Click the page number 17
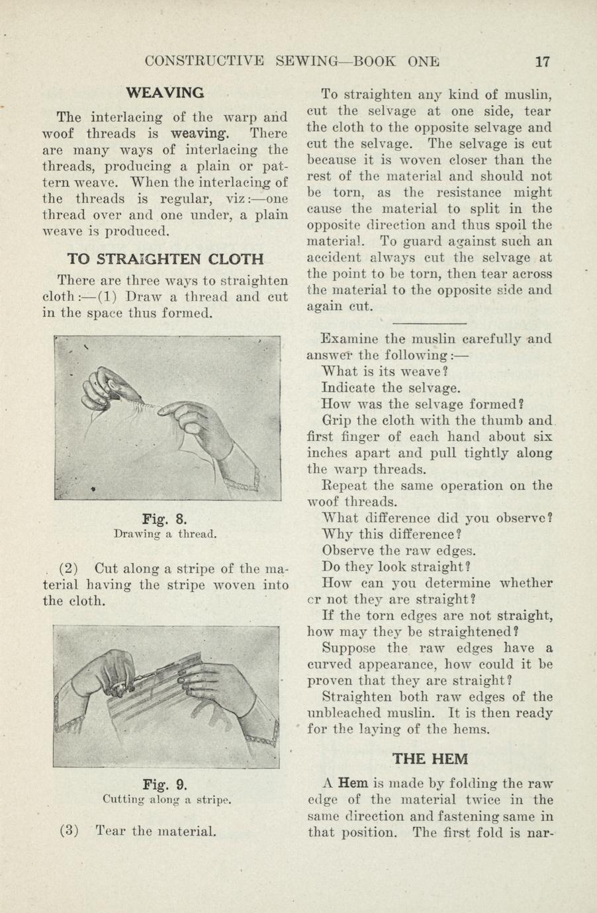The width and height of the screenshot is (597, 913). (x=542, y=62)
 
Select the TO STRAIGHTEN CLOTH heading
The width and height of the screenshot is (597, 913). (x=165, y=258)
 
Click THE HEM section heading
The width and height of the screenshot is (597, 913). (x=430, y=758)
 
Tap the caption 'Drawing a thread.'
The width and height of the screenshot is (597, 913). (x=165, y=533)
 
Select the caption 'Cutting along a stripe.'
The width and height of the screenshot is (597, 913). (x=166, y=800)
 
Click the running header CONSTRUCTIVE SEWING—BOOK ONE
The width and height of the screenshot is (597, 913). (x=291, y=62)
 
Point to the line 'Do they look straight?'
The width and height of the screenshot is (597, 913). (x=396, y=567)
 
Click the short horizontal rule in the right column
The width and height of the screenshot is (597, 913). (x=430, y=323)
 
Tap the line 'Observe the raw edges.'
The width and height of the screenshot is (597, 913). (x=399, y=550)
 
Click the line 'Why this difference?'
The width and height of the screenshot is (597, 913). (x=391, y=534)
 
